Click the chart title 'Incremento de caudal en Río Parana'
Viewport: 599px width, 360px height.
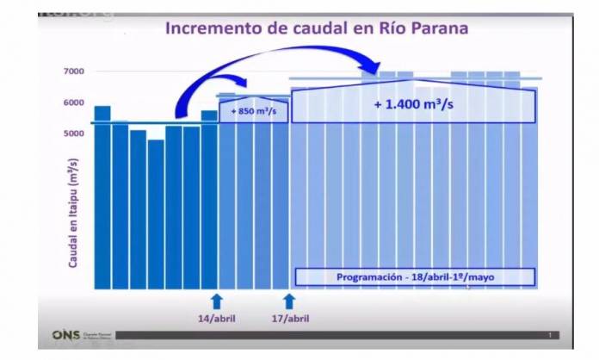pos(316,28)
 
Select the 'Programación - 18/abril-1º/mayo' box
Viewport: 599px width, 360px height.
pos(416,277)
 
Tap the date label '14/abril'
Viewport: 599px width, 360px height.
pos(214,319)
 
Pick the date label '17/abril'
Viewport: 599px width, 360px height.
pos(289,319)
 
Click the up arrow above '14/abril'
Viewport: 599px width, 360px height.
pos(214,300)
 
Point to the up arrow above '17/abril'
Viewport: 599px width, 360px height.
pos(289,300)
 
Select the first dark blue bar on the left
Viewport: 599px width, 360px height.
pos(102,197)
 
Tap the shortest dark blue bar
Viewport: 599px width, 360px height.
pos(156,214)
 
